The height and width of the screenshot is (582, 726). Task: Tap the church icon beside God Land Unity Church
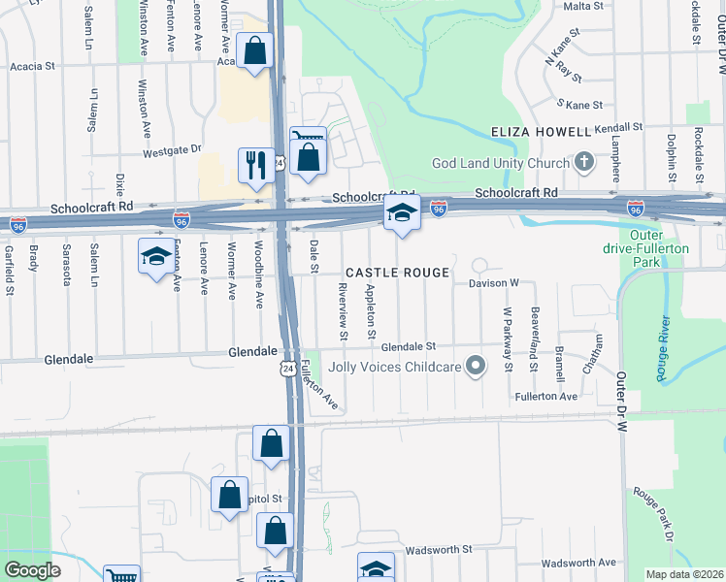583,161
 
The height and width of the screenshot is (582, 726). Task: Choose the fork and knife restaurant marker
256,163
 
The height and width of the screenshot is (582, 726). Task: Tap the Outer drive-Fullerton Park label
660,248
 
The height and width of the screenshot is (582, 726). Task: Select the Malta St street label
583,6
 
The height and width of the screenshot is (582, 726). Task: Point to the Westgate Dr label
171,150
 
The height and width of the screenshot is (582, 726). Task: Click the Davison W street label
494,283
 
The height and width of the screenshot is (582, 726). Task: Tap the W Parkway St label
507,339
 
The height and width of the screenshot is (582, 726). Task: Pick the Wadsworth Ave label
579,563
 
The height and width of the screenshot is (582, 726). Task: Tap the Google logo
33,570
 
